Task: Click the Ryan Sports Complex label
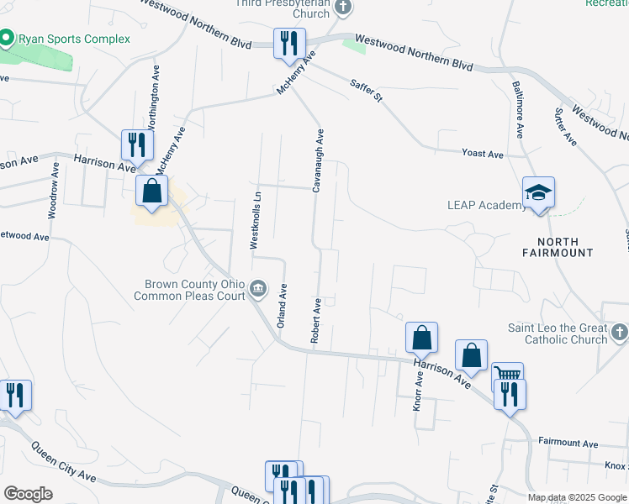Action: [x=74, y=39]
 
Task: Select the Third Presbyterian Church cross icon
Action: [x=341, y=8]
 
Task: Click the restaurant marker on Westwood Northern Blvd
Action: [x=290, y=43]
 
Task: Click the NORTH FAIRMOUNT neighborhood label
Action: [x=558, y=246]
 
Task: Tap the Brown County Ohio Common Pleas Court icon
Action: [x=258, y=290]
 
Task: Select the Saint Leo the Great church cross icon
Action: [x=619, y=333]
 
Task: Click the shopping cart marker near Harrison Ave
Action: [x=507, y=375]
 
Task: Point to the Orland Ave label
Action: [x=283, y=304]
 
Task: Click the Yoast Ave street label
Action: [x=482, y=154]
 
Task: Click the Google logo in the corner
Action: [x=28, y=493]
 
